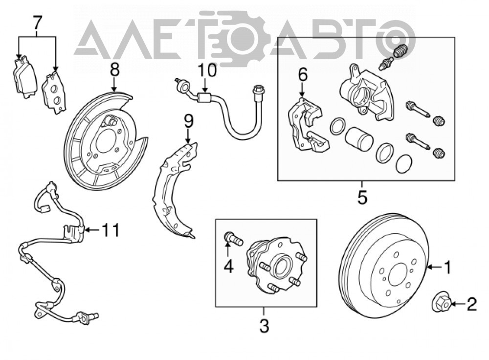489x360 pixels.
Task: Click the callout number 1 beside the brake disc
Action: pyautogui.click(x=447, y=267)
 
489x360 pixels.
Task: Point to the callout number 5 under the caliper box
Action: pyautogui.click(x=362, y=197)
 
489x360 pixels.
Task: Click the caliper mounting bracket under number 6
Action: pyautogui.click(x=308, y=125)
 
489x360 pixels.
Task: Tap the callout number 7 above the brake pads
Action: pyautogui.click(x=37, y=22)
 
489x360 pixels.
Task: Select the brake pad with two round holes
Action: pyautogui.click(x=54, y=92)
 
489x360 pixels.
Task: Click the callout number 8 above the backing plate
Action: pyautogui.click(x=115, y=70)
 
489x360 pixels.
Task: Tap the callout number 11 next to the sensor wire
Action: pyautogui.click(x=111, y=230)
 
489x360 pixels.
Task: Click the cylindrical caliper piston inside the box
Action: pyautogui.click(x=359, y=138)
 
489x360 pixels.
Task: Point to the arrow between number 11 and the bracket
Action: pyautogui.click(x=92, y=230)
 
